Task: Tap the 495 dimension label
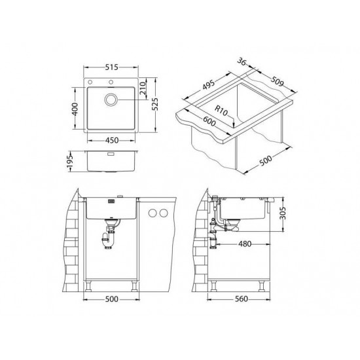pos(209,82)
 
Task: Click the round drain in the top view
pos(111,99)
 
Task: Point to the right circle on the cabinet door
pos(163,213)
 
